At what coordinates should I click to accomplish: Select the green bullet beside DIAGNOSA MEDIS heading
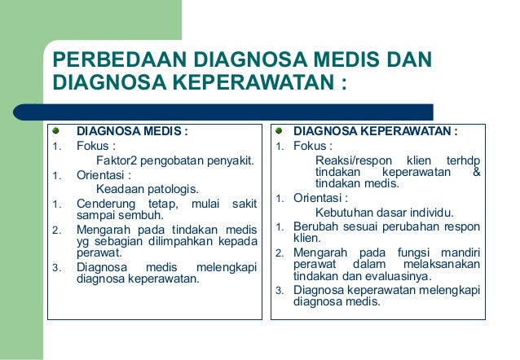(x=56, y=130)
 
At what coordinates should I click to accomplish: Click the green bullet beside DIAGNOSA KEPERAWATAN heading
(x=278, y=130)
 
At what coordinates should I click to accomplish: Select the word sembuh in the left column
(x=143, y=216)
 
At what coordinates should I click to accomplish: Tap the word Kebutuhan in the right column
(x=341, y=213)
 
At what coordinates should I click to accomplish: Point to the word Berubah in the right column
(x=314, y=226)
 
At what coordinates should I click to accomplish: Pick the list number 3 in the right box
(x=278, y=291)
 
